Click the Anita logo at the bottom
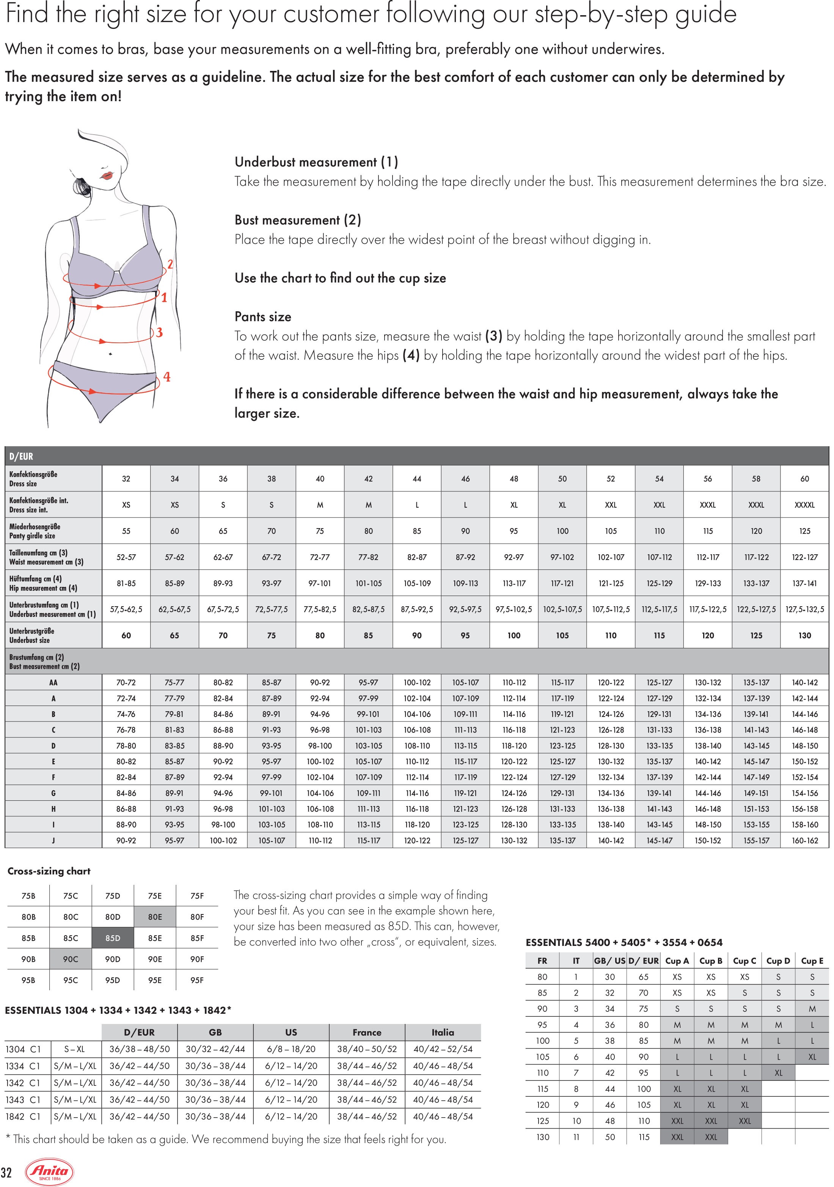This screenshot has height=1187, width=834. [50, 1171]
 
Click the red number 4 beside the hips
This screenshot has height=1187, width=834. [167, 377]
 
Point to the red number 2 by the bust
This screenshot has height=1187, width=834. [170, 264]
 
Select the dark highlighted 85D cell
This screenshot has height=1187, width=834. [113, 938]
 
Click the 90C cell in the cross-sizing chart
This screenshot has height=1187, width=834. [70, 960]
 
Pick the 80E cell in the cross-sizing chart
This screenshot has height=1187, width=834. [155, 917]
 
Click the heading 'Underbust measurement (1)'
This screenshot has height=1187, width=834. [316, 162]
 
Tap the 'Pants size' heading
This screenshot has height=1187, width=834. [263, 317]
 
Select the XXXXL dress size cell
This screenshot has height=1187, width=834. [804, 505]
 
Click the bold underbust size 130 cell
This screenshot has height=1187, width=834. [804, 635]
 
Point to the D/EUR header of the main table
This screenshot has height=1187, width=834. [21, 456]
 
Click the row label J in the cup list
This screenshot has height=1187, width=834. [53, 840]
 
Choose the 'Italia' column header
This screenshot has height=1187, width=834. [443, 1032]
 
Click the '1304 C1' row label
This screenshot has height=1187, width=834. [23, 1049]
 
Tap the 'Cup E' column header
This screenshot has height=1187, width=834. [811, 961]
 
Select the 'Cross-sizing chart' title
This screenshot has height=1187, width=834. [49, 871]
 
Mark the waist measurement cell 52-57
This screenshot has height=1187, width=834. [126, 557]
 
